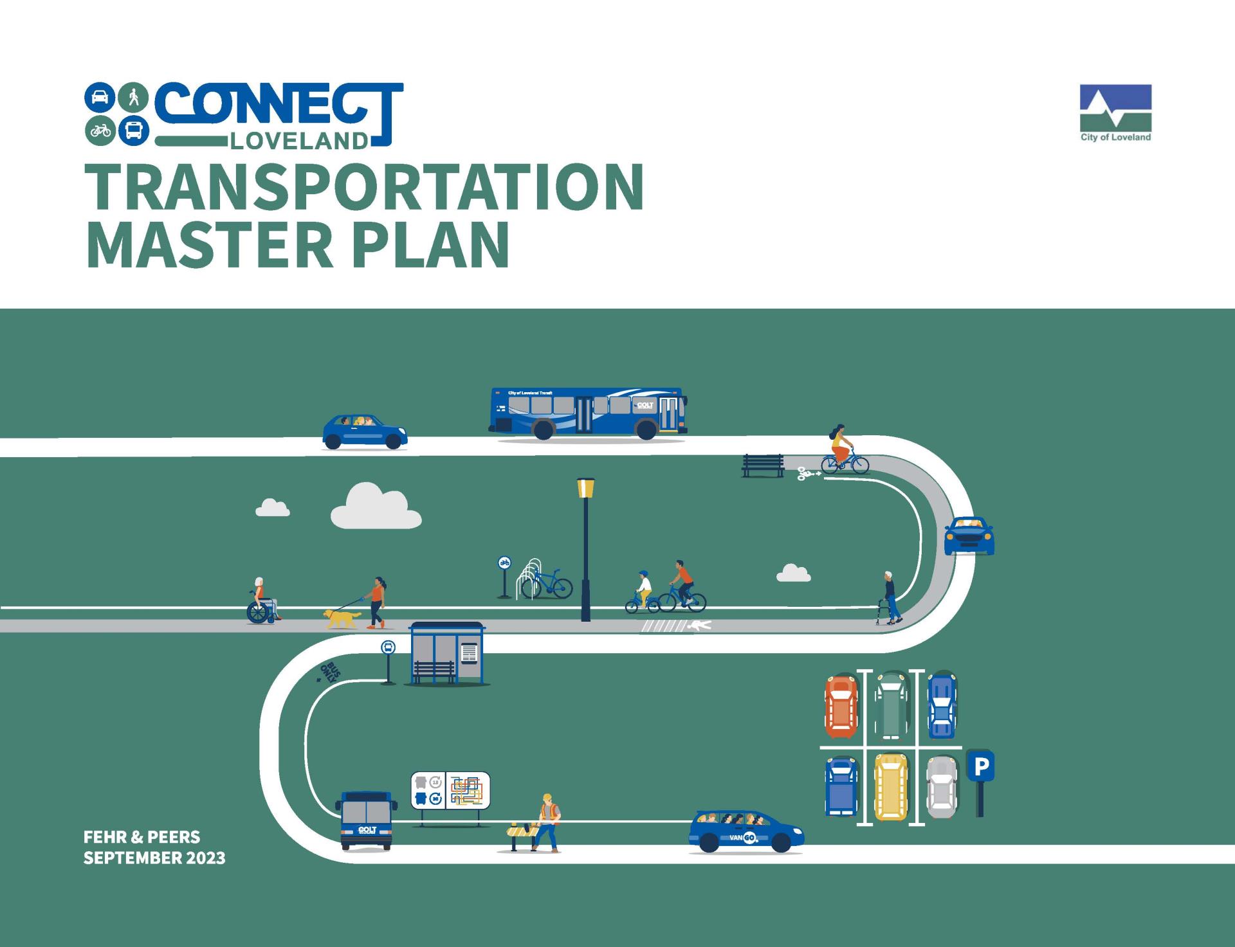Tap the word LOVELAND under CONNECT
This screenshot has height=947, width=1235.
(x=298, y=141)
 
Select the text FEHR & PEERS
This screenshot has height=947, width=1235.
(x=142, y=837)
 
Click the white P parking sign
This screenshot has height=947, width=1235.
(x=980, y=766)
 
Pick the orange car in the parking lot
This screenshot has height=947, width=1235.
(x=841, y=707)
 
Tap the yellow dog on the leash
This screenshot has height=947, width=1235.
(x=342, y=618)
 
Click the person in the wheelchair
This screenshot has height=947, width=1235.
(x=261, y=601)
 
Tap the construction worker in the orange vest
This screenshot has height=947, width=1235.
(x=547, y=823)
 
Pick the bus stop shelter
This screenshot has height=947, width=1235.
(x=446, y=653)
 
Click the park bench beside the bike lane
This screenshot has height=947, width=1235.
(x=763, y=465)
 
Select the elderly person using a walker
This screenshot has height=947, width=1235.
(x=890, y=598)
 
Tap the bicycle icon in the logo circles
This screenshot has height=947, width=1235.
(x=100, y=131)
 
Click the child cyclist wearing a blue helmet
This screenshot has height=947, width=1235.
(x=643, y=593)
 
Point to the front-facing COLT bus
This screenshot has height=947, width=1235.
(x=366, y=820)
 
